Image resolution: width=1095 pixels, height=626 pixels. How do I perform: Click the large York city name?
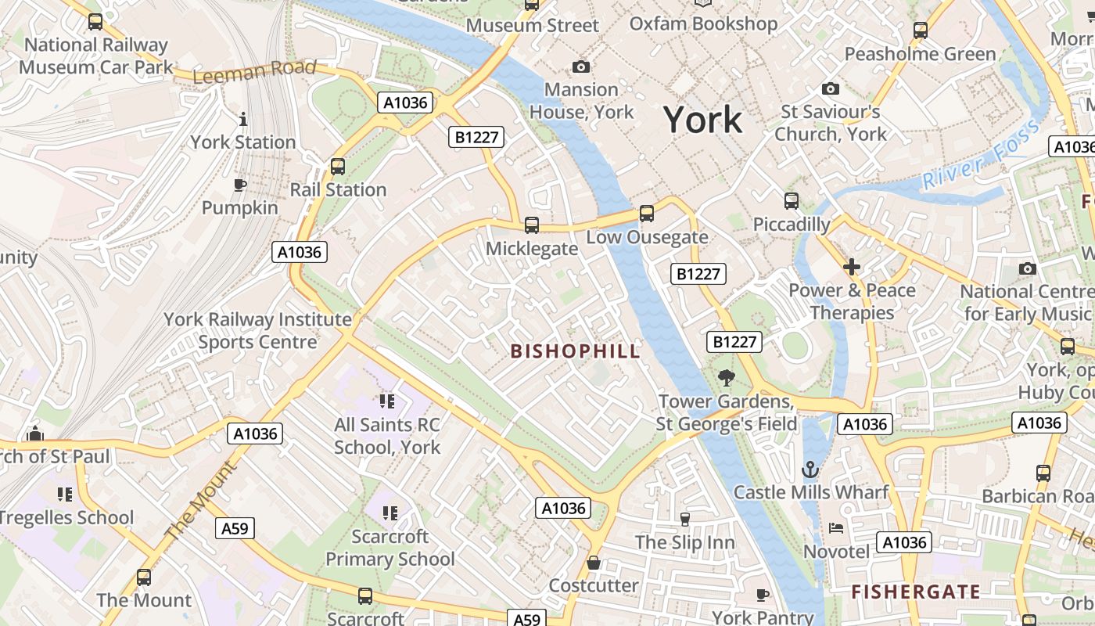click(x=702, y=120)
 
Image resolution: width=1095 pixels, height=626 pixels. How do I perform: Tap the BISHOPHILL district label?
click(x=575, y=351)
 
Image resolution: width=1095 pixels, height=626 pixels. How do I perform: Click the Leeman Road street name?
click(x=254, y=72)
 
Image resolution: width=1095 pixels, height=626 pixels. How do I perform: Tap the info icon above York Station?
click(x=243, y=119)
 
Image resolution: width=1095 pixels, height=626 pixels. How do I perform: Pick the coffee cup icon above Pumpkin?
click(x=240, y=185)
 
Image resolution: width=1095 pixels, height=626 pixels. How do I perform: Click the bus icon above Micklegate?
click(x=532, y=225)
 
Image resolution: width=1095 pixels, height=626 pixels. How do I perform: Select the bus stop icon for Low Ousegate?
click(x=646, y=213)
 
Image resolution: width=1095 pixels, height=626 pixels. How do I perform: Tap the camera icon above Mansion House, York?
click(x=580, y=67)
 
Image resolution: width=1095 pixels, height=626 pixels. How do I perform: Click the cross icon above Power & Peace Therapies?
click(x=852, y=268)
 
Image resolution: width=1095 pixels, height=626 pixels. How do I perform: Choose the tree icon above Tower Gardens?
click(x=726, y=378)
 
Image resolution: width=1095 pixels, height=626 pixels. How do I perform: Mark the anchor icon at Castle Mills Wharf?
click(x=810, y=469)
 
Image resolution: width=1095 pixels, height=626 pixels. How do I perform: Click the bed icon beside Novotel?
click(x=836, y=528)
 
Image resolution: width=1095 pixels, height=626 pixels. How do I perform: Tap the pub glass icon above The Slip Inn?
click(x=685, y=519)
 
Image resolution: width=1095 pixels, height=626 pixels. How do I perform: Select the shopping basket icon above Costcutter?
click(x=594, y=563)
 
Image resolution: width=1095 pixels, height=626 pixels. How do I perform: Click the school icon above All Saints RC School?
click(x=386, y=402)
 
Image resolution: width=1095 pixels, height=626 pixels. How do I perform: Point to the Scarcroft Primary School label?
click(x=390, y=548)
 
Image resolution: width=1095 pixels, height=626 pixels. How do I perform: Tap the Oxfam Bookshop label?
click(x=703, y=24)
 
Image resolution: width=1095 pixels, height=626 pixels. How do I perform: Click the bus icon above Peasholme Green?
click(x=920, y=31)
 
